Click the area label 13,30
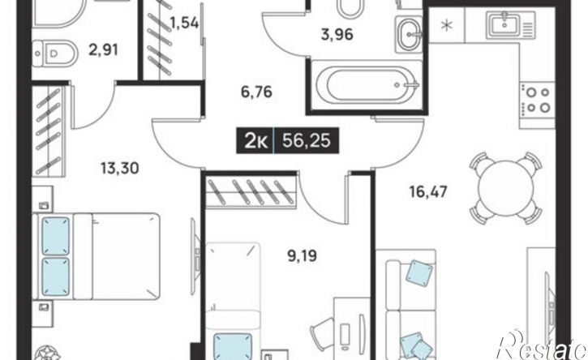point(119,169)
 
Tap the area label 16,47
point(428,192)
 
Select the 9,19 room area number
point(302,256)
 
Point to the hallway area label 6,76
point(256,92)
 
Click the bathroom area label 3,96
point(337,35)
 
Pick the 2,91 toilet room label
point(104,49)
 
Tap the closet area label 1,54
point(184,24)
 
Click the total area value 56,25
point(307,140)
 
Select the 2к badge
point(255,141)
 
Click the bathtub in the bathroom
point(367,85)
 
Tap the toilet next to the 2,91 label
point(54,54)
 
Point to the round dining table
point(505,188)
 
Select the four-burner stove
point(537,100)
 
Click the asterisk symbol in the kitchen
point(447,26)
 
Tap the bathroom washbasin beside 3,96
point(409,35)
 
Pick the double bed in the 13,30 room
point(96,256)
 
